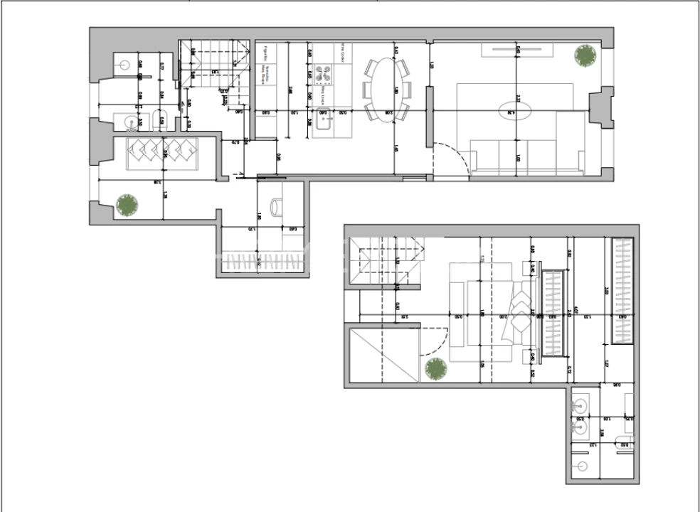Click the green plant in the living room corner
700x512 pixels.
pyautogui.click(x=585, y=55)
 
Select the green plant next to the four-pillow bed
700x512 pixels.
pyautogui.click(x=127, y=205)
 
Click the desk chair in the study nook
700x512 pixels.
pyautogui.click(x=276, y=206)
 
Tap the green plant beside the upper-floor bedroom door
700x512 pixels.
pyautogui.click(x=435, y=369)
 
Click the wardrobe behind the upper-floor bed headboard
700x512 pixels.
pyautogui.click(x=553, y=314)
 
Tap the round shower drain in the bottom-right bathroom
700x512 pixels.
pyautogui.click(x=584, y=466)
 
